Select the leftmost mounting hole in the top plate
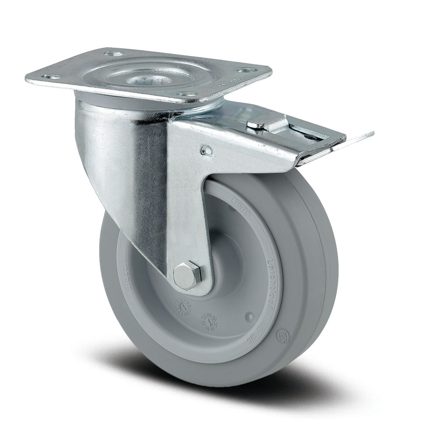[46, 77]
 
